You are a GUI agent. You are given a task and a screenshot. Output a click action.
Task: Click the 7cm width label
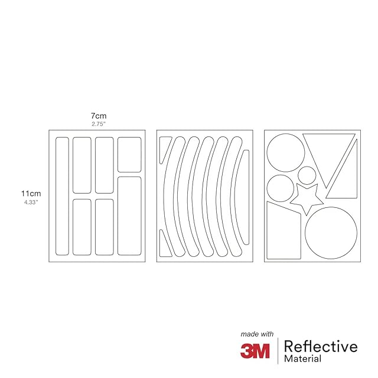point(98,116)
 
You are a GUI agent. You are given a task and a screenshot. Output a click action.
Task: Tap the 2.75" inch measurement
point(98,125)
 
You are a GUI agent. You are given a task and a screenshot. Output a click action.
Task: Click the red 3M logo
point(255,350)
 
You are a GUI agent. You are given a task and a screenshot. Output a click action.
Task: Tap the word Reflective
point(321,346)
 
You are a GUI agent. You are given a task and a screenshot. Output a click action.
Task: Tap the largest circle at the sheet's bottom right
point(331,233)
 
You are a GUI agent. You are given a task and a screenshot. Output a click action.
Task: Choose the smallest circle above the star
point(307,175)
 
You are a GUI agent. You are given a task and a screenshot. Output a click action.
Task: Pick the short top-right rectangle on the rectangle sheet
point(129,155)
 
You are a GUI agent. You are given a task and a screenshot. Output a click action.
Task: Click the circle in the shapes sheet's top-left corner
point(285,153)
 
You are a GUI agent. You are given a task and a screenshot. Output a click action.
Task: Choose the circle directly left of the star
point(281,187)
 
